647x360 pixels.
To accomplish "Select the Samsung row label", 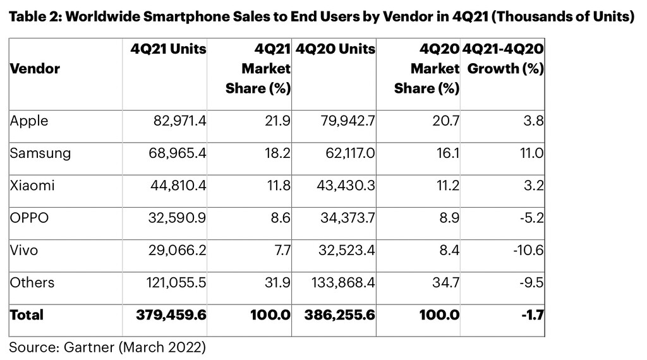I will pyautogui.click(x=40, y=153).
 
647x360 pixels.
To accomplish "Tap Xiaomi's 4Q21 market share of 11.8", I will pyautogui.click(x=277, y=185).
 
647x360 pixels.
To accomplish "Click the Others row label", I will pyautogui.click(x=32, y=283).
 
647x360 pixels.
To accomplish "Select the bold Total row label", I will pyautogui.click(x=27, y=314).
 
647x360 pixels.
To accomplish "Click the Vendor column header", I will pyautogui.click(x=35, y=69).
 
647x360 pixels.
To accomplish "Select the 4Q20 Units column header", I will pyautogui.click(x=335, y=49).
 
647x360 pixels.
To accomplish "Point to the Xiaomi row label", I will pyautogui.click(x=32, y=185).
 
